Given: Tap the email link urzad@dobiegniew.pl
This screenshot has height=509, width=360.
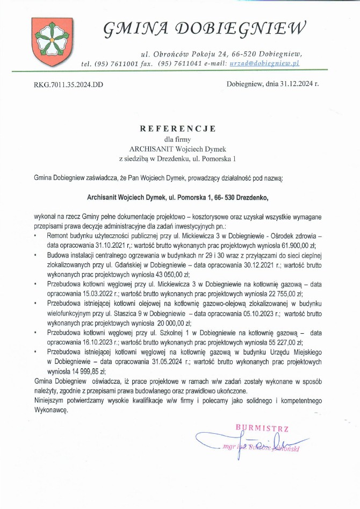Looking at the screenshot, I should coord(264,63).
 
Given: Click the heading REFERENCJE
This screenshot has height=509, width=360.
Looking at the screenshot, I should coord(177,129).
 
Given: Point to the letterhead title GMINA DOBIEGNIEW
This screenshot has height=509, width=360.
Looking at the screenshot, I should coord(205,27).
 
